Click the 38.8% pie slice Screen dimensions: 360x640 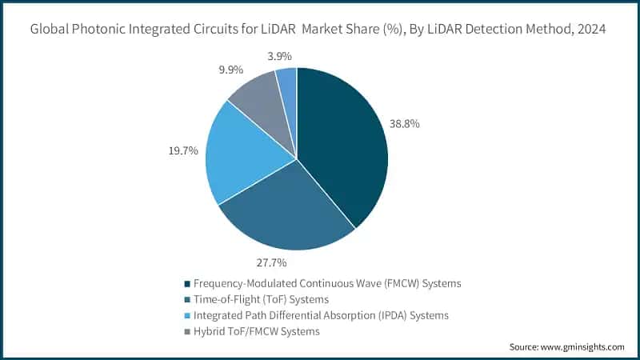click(x=344, y=144)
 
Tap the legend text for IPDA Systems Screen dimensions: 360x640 click(x=320, y=315)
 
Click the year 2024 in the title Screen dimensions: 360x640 click(x=591, y=30)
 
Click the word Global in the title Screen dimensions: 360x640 click(x=50, y=30)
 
